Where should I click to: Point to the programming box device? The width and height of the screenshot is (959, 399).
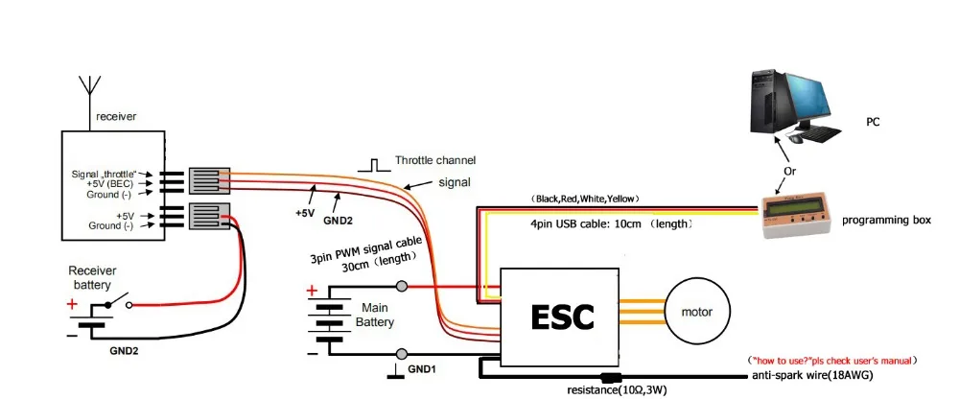(x=797, y=216)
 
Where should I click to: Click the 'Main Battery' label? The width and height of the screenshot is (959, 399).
(x=375, y=315)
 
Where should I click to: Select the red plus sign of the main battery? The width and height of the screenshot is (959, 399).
(x=311, y=291)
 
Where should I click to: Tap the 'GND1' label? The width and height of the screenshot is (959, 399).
(x=423, y=368)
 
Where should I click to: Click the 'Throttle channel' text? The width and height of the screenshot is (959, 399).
(x=434, y=160)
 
